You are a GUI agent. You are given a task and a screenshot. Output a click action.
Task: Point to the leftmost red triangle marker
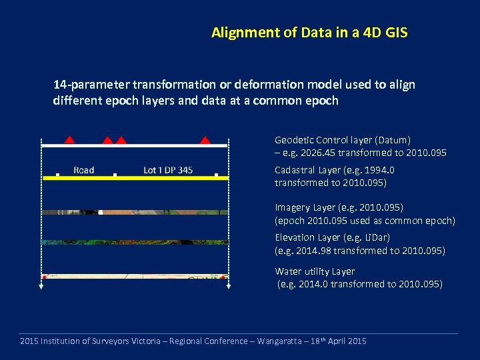point(69,139)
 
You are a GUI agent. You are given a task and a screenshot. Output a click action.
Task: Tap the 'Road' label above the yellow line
point(83,170)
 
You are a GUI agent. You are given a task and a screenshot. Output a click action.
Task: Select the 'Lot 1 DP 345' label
point(168,170)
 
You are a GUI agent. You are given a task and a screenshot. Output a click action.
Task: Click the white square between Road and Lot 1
point(115,175)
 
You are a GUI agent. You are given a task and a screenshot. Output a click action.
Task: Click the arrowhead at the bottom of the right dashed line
point(229,287)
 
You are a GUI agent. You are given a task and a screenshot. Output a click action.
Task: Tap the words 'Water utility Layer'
point(315,271)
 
